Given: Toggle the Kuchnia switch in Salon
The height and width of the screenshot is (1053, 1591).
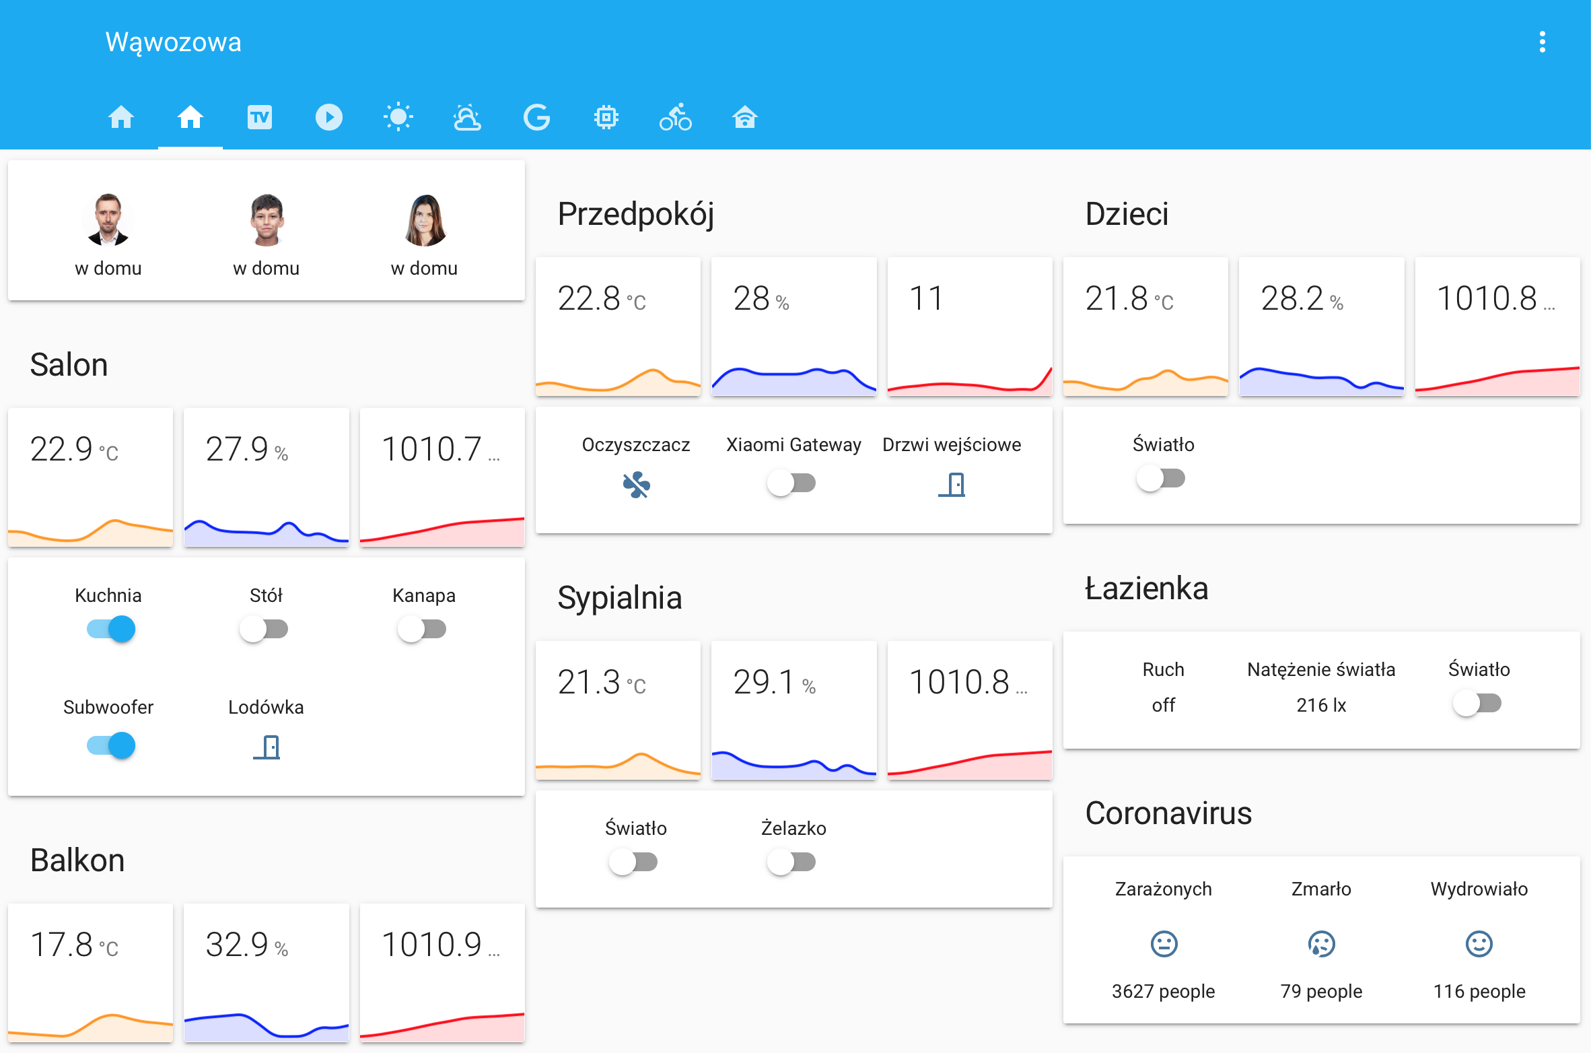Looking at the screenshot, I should [111, 630].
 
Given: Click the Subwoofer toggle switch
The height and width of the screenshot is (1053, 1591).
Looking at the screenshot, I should [111, 745].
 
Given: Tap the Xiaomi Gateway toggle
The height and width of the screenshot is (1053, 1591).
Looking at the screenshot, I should [791, 483].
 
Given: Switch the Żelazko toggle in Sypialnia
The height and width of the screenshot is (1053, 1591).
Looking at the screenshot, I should [791, 862].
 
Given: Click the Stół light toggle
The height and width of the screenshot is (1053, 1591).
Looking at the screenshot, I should [264, 630].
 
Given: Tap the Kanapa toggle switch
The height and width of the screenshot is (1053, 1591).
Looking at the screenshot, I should [422, 630].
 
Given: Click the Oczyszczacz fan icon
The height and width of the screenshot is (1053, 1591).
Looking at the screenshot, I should [636, 485].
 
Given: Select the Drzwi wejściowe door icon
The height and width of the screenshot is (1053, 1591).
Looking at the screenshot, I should [952, 485].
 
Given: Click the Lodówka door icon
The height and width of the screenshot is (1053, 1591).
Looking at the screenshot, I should [267, 747].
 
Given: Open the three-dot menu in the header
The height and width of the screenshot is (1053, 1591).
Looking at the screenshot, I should [1542, 42].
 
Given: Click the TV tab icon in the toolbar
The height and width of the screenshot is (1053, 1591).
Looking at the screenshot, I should [260, 117].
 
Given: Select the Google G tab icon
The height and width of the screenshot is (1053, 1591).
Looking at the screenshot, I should [536, 117].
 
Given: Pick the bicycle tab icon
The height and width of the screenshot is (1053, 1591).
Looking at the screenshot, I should [676, 117].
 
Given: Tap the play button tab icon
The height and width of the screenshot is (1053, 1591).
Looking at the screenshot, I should [329, 117].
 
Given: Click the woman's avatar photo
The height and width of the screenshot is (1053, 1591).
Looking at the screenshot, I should [425, 220].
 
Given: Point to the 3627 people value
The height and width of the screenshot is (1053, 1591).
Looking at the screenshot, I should [1163, 991].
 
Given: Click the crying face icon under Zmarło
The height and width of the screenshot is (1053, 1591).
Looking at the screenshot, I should [1321, 944].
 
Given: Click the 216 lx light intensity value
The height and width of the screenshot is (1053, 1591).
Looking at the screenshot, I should [1321, 705].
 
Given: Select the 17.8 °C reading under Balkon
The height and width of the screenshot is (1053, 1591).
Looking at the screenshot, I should [74, 945].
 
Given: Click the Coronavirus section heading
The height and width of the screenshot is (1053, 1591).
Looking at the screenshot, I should [1168, 813].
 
